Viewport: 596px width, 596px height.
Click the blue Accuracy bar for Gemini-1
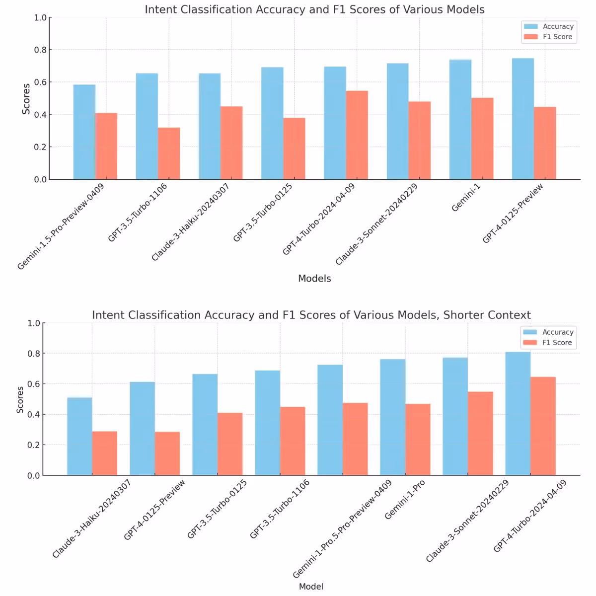pos(460,119)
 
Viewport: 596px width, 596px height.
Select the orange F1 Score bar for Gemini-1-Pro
pos(418,440)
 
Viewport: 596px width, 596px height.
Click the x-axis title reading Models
pos(314,279)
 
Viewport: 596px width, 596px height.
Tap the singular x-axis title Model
pos(311,587)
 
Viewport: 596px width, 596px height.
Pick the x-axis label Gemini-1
pos(466,197)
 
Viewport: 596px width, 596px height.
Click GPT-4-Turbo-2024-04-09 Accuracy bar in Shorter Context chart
pos(518,413)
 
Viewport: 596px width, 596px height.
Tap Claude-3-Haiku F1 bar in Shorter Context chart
pos(105,453)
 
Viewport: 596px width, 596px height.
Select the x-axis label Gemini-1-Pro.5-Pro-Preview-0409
pos(342,529)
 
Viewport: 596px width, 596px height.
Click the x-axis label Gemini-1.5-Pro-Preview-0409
pos(61,226)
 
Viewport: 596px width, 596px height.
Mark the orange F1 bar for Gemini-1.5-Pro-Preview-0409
pos(106,146)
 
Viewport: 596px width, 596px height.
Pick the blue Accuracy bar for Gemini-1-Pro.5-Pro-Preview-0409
pos(330,420)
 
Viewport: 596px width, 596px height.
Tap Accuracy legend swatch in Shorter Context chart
pos(530,332)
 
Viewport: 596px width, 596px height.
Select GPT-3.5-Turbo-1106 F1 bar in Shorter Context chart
pos(293,441)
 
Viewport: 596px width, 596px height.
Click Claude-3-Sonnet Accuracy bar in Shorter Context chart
pos(455,416)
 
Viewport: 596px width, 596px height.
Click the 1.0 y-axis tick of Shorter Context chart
pos(33,323)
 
